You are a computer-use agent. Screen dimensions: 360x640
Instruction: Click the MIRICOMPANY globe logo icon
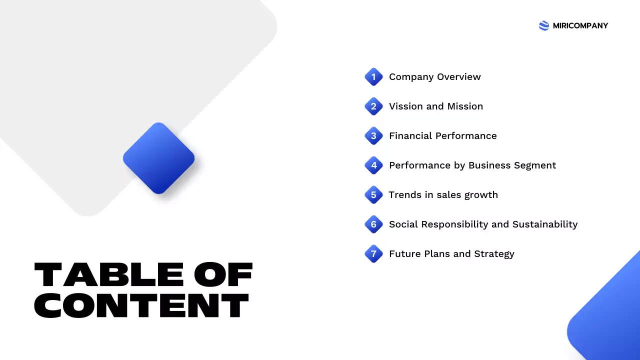544,26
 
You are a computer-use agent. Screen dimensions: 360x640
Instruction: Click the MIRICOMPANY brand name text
580,26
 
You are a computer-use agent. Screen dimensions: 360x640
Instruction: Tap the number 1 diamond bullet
373,77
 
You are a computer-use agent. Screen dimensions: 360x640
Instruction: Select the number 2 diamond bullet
373,106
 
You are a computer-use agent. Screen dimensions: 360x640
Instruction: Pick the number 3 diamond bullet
373,136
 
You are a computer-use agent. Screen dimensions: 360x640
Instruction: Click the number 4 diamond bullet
373,165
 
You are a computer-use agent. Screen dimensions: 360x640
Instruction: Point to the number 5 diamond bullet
373,195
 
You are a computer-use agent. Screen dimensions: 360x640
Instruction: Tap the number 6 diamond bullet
373,224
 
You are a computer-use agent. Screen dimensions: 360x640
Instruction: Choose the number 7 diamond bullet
373,254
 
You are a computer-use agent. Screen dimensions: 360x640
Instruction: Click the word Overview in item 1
459,77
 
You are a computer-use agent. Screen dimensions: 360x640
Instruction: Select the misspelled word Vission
405,106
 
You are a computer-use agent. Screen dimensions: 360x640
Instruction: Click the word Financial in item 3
410,136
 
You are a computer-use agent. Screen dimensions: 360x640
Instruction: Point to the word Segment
535,165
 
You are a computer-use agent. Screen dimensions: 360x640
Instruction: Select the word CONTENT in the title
141,305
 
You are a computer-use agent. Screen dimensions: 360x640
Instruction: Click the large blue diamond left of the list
158,158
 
